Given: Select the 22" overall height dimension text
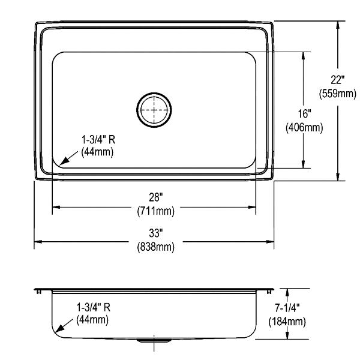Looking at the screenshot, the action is click(x=337, y=80).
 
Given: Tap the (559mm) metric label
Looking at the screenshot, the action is click(x=337, y=94).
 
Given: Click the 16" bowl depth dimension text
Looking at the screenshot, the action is click(x=304, y=113).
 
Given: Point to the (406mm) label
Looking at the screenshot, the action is click(x=304, y=127).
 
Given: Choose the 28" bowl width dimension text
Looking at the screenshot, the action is click(x=155, y=197).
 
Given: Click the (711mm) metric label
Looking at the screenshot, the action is click(x=155, y=211).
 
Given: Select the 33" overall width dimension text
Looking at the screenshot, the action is click(x=155, y=233).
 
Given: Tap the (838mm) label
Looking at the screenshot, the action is click(x=155, y=247).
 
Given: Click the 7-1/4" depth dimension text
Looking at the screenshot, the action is click(x=287, y=308).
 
